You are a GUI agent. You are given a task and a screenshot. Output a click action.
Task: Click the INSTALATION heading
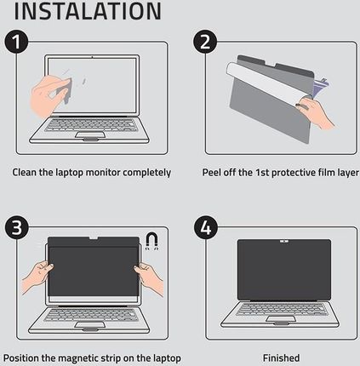click(x=88, y=11)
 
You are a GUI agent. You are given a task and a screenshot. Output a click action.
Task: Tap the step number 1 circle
click(x=16, y=42)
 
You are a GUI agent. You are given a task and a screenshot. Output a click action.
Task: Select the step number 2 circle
click(x=205, y=42)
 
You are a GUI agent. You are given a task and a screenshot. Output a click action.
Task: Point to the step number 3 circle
click(x=16, y=227)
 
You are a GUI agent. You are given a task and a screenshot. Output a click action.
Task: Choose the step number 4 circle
click(x=206, y=227)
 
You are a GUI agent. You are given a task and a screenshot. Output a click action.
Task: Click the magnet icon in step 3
click(x=152, y=241)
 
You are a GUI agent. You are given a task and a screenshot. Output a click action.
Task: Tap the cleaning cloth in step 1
click(x=65, y=90)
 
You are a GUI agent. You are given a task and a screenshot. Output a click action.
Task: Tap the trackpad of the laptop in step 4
click(x=281, y=318)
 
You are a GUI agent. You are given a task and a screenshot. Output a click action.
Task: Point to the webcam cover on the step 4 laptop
click(x=284, y=242)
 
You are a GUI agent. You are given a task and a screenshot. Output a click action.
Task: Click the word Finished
click(x=281, y=357)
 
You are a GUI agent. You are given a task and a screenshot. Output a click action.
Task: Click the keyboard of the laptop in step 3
click(x=90, y=314)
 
